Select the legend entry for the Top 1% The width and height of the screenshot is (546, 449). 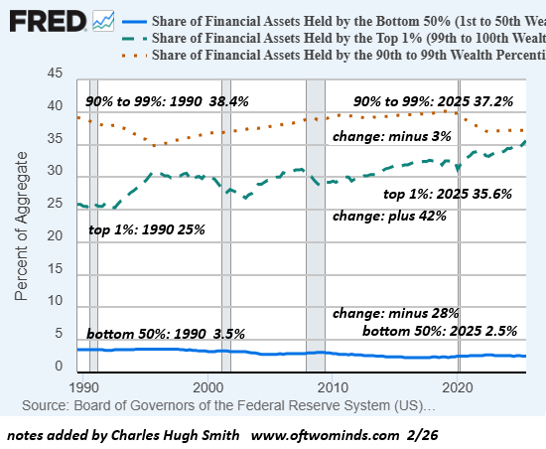tap(338, 38)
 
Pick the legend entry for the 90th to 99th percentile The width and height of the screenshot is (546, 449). tap(338, 56)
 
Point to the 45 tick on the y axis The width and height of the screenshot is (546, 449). tap(56, 74)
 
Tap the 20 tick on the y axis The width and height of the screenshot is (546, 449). tap(56, 237)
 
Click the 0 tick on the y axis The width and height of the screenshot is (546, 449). tap(60, 368)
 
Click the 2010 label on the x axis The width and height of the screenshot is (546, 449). tap(333, 386)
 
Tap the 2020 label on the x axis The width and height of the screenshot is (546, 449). tap(457, 386)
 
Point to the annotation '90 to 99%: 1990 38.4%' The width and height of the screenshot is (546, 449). tap(167, 101)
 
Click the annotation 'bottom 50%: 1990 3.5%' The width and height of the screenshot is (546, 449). tap(165, 333)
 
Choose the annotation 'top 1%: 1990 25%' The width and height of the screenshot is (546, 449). tap(146, 230)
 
